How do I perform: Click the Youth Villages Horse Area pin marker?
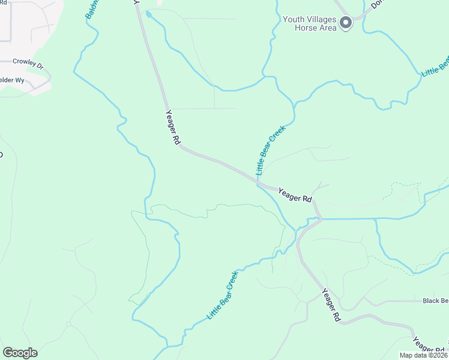coord(346,23)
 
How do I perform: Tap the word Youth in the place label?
coord(294,19)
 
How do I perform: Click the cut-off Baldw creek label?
coord(91,10)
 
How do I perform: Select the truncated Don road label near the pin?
coord(377,5)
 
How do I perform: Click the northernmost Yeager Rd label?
coord(173,127)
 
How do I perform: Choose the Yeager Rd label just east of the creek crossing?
coord(295,194)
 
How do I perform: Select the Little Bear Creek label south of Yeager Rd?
coord(223,295)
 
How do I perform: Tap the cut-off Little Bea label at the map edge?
coord(435,67)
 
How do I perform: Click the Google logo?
coord(20,353)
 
